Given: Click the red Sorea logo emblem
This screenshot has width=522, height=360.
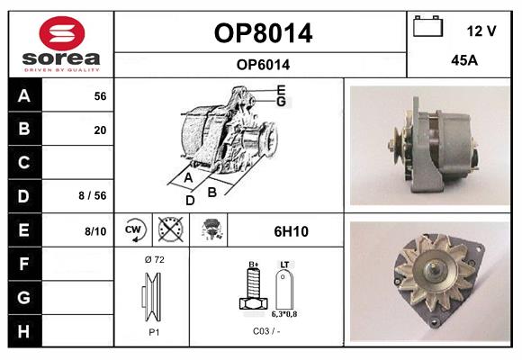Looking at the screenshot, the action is (x=62, y=33).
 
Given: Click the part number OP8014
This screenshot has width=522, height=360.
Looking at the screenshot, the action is (x=263, y=33).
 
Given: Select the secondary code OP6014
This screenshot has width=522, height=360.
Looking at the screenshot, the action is (x=263, y=65).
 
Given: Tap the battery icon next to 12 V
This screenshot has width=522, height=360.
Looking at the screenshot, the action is (x=427, y=26).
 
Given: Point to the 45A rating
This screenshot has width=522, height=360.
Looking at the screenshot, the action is (x=464, y=60).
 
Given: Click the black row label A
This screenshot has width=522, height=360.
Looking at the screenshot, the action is (x=24, y=96).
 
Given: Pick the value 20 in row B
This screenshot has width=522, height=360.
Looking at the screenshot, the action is (x=100, y=130).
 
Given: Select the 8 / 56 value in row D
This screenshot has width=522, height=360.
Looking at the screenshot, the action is (x=93, y=195).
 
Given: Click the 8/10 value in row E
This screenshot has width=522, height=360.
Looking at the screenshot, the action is (x=95, y=231).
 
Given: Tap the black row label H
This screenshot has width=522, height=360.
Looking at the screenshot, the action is (x=24, y=331).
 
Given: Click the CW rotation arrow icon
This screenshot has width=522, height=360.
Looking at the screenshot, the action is (x=134, y=229).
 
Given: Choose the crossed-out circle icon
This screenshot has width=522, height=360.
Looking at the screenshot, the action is (x=171, y=229).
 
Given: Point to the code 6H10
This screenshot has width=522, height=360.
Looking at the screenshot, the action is (x=291, y=231).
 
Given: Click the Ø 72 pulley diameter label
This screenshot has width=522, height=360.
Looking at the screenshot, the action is (x=155, y=259).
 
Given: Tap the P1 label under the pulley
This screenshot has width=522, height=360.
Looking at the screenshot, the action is (x=154, y=332).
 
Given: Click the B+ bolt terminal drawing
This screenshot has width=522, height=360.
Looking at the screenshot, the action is (x=253, y=288).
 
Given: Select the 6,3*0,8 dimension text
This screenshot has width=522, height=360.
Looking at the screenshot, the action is (x=284, y=314).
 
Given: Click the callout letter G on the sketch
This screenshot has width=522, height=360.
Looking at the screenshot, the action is (x=282, y=101).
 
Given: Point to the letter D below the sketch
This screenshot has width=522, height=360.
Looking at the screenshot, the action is (x=190, y=200).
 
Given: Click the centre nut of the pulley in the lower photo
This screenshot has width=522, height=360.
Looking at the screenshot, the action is (x=434, y=268).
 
